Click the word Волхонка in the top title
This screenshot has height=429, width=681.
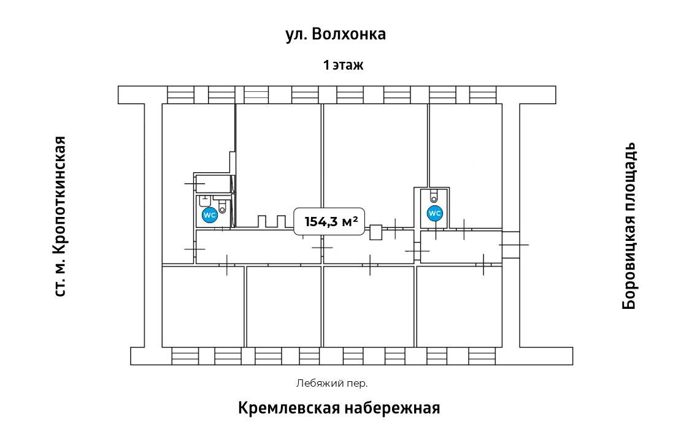pos(348,34)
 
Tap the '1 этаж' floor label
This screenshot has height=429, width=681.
pos(344,66)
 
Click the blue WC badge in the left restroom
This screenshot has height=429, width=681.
pos(209,215)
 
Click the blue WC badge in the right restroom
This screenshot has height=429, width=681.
pos(435,213)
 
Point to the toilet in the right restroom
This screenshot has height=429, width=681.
pos(434,196)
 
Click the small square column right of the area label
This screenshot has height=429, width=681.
pos(376,232)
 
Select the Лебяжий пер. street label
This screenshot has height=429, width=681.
pos(332,384)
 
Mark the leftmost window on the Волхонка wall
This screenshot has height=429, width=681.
pos(180,94)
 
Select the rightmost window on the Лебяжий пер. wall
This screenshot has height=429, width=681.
pos(482,356)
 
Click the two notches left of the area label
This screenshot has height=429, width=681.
pos(272,221)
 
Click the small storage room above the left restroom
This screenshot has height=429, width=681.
pos(212,184)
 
